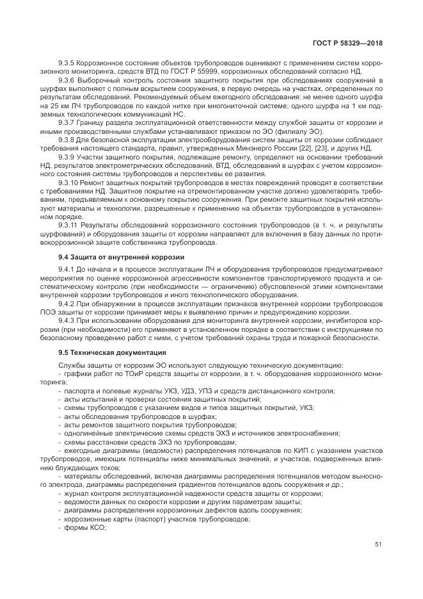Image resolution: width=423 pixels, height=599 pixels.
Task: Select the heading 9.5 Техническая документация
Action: [112, 352]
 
